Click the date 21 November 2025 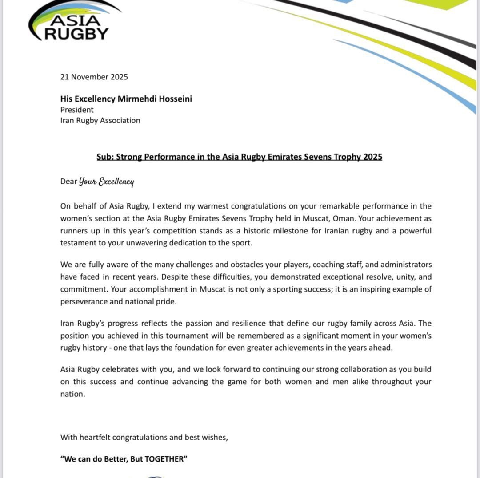94,77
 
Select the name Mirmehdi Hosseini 155,99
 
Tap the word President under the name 77,110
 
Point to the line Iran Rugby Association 100,120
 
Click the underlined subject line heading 239,157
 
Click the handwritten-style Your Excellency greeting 106,182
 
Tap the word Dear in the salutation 68,182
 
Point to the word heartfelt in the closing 95,437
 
